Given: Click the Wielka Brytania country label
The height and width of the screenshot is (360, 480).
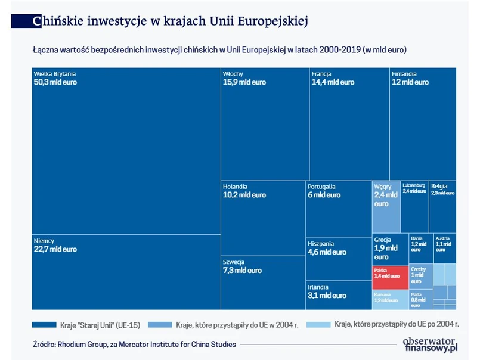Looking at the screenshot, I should [55, 74].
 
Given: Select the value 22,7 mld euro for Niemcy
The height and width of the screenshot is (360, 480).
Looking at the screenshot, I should [55, 249].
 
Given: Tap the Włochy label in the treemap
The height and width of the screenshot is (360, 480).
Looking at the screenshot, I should [233, 74].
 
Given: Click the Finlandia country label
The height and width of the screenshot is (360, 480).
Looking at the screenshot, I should [404, 74].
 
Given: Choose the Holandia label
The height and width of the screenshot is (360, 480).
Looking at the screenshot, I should [235, 186].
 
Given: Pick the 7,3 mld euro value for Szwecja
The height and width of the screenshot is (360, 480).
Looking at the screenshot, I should [242, 271].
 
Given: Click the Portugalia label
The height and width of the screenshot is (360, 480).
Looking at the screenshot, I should [321, 187].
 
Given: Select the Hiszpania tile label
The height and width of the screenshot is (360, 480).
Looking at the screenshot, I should [321, 244].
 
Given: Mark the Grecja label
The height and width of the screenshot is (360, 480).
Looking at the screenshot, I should [382, 240].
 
